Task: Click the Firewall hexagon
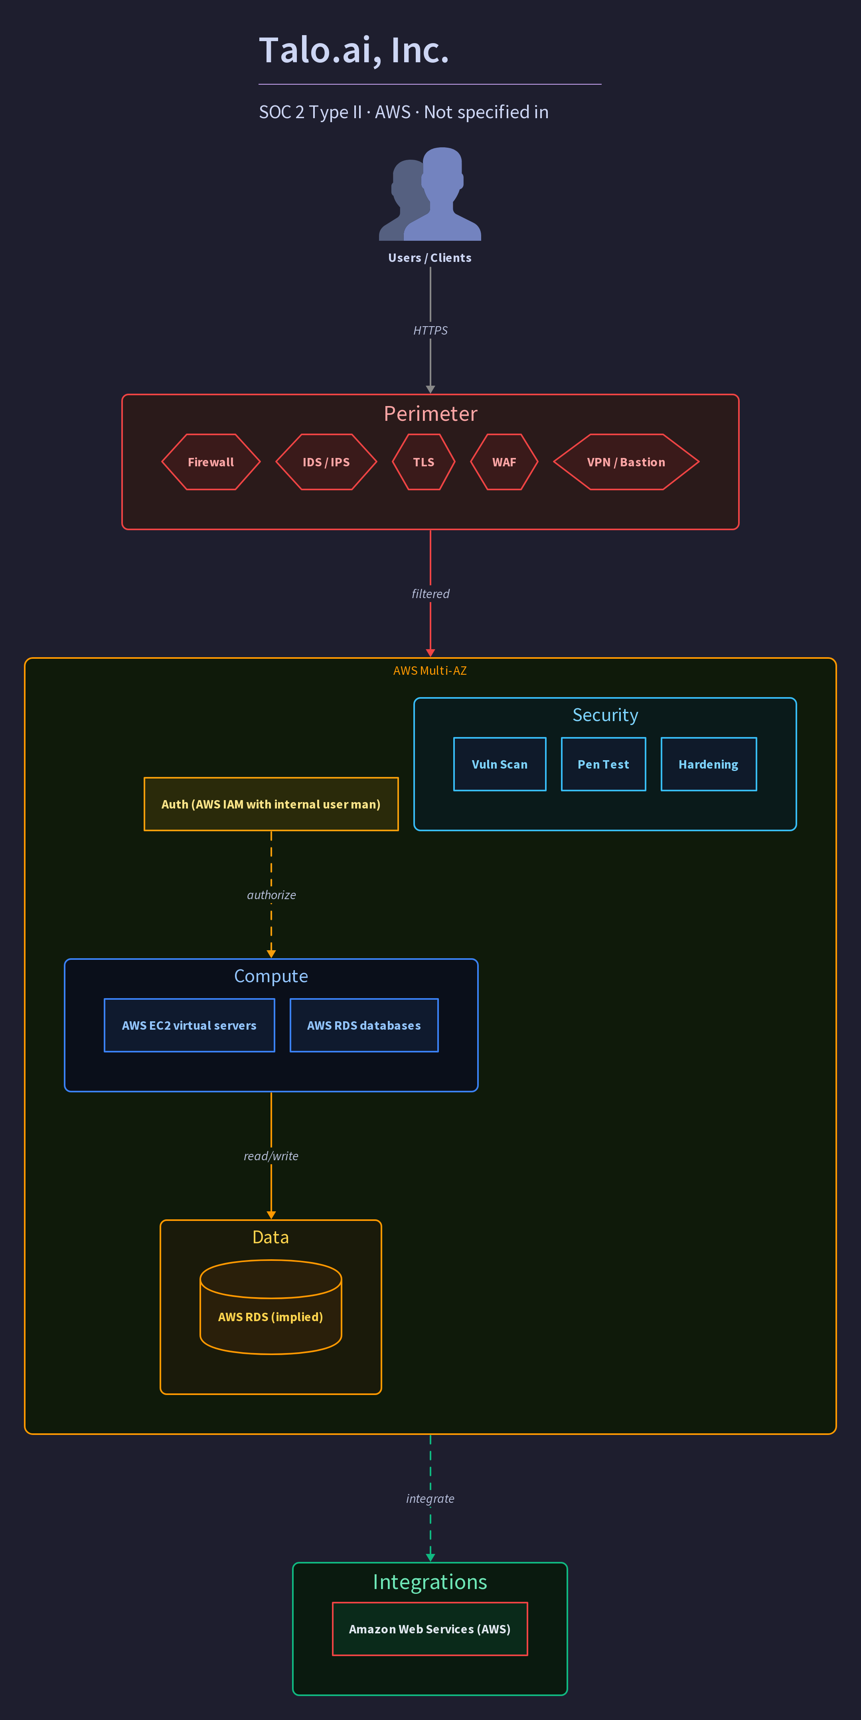[211, 462]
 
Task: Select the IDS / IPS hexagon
[326, 462]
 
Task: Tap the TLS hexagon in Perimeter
[424, 462]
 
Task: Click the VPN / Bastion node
[626, 462]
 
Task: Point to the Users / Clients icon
[430, 194]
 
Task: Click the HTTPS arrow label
[430, 331]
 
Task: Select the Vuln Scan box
[500, 765]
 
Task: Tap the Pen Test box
[603, 765]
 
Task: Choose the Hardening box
[709, 765]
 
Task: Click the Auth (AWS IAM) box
[271, 804]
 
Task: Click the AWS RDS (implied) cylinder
[271, 1307]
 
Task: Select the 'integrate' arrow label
[430, 1499]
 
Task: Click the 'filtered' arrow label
[430, 594]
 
